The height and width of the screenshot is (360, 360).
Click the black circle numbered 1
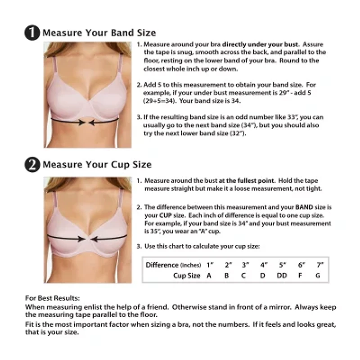click(33, 33)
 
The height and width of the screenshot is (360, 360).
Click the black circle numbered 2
click(33, 165)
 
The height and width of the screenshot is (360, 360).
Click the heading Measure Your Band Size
click(99, 33)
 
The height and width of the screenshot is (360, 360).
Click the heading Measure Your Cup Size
click(97, 165)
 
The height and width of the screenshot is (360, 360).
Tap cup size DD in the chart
click(282, 276)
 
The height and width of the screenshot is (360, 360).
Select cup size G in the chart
click(318, 276)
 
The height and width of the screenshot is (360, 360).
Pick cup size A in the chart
click(209, 276)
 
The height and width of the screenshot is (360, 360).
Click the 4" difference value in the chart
click(263, 265)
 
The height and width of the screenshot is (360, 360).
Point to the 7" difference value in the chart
click(319, 265)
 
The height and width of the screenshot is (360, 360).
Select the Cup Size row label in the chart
click(187, 276)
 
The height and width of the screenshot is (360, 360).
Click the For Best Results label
click(52, 298)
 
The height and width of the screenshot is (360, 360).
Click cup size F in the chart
click(300, 276)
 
